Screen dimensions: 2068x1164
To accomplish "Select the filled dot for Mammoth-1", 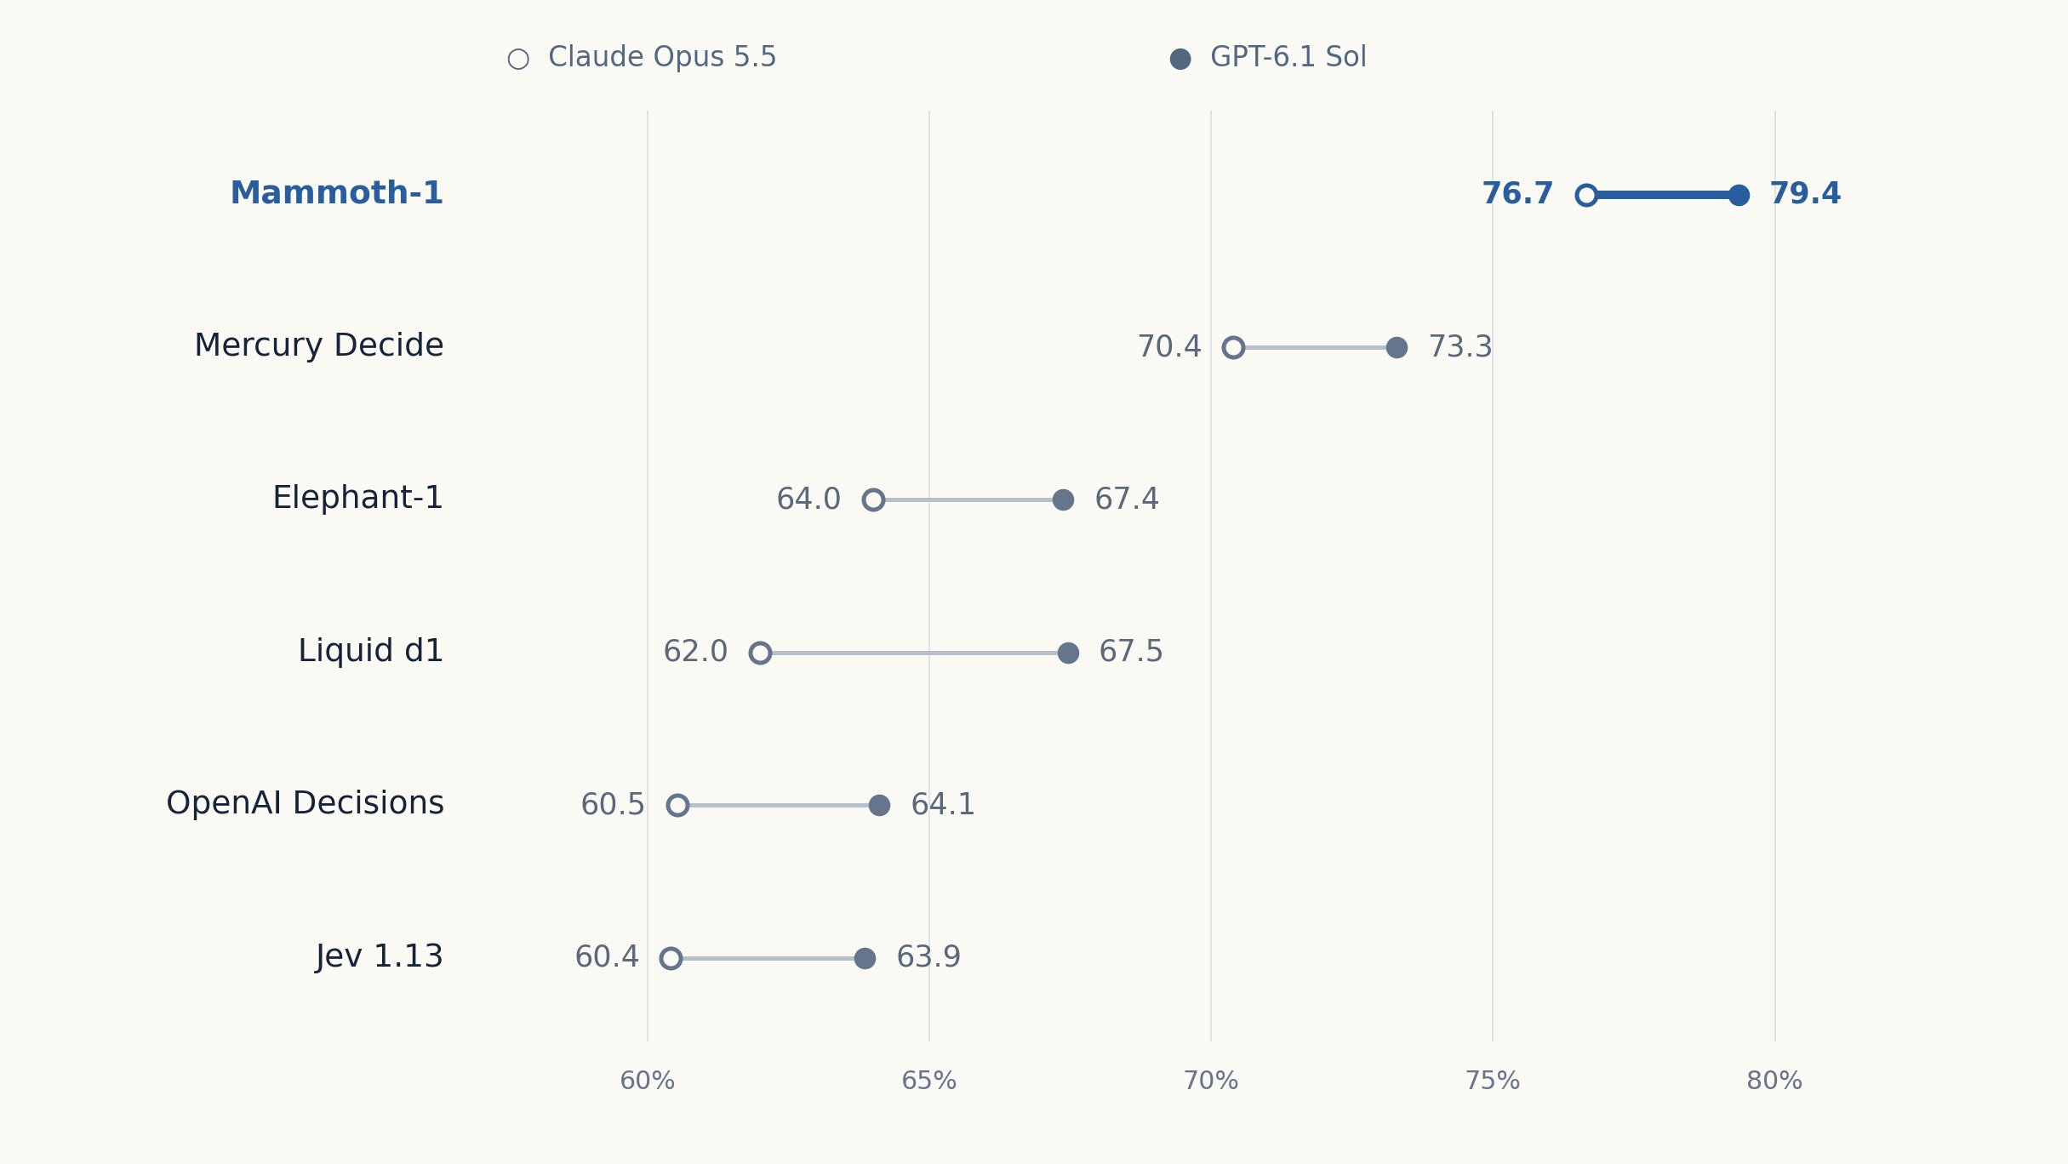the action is point(1739,195).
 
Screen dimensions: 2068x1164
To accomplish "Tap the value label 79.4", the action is point(1805,194).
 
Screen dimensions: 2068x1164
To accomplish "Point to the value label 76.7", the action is point(1517,194).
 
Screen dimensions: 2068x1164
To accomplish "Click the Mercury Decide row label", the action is point(319,345).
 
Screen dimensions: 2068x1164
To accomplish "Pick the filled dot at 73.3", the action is point(1397,347).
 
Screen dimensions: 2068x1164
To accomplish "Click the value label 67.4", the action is point(1127,499).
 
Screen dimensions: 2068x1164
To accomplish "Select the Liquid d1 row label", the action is point(371,651).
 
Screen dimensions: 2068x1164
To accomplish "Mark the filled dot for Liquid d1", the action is point(1068,653).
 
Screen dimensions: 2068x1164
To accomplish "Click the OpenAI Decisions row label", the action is point(305,803).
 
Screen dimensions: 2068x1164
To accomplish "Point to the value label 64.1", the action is point(943,805).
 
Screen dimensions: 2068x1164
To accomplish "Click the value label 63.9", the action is point(928,957).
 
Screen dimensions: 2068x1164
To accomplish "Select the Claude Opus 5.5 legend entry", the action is point(642,57).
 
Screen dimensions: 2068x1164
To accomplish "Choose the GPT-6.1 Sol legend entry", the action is point(1268,57).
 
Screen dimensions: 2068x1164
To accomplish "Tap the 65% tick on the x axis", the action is point(928,1081).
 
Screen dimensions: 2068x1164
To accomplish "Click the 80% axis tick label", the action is point(1774,1081).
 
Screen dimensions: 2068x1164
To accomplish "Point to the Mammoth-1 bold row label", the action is point(337,193).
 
